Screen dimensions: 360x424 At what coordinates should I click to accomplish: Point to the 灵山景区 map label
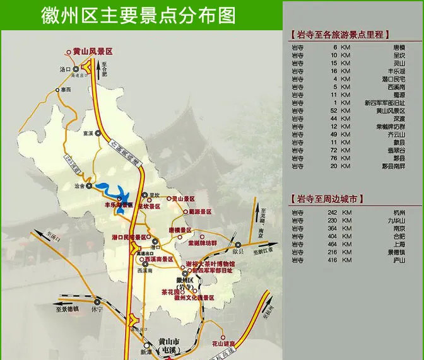pyautogui.click(x=184, y=198)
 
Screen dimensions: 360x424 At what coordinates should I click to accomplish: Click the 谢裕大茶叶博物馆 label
pyautogui.click(x=210, y=264)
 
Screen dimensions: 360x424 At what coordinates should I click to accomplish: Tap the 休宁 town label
pyautogui.click(x=97, y=310)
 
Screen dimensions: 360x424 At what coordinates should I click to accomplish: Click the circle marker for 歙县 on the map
pyautogui.click(x=238, y=245)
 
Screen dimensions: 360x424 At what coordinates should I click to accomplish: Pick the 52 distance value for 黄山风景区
pyautogui.click(x=334, y=110)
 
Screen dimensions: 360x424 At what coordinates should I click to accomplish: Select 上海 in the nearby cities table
pyautogui.click(x=398, y=243)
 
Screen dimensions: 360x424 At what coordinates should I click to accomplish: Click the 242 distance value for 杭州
pyautogui.click(x=332, y=213)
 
